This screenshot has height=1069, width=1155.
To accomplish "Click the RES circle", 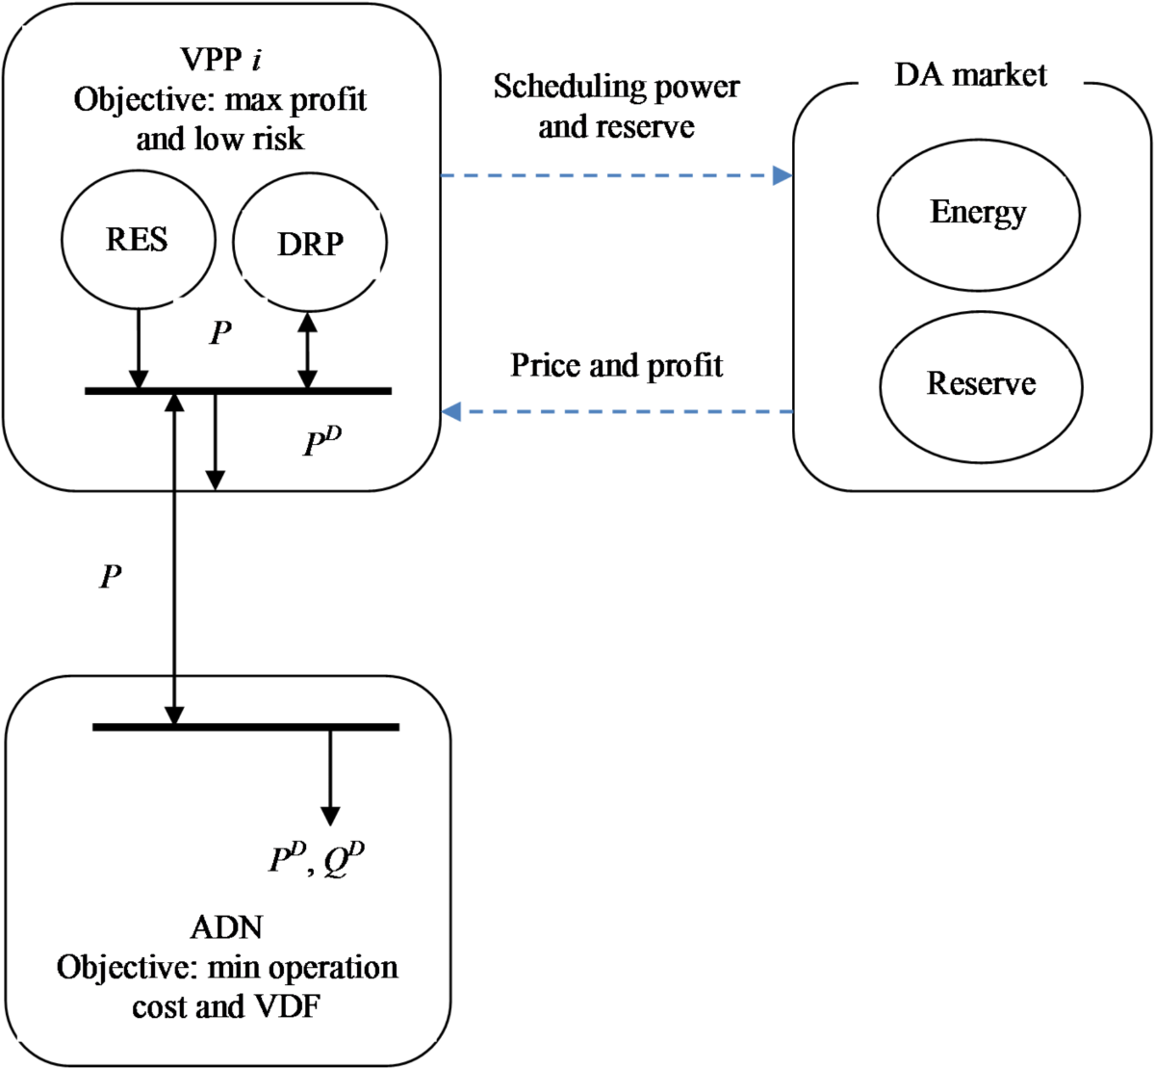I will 138,239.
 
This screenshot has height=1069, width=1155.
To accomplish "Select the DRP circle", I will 310,244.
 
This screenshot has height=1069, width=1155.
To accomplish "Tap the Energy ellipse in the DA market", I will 978,213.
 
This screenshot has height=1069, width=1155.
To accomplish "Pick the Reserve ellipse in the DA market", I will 981,383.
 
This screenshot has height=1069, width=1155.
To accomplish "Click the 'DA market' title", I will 970,76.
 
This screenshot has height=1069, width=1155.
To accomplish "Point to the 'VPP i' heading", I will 220,60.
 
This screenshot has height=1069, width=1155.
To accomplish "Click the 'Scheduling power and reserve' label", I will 616,106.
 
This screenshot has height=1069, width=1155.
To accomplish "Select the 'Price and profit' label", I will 616,366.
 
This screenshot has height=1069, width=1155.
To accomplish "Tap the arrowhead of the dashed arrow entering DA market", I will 783,176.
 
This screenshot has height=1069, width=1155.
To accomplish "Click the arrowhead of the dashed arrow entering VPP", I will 450,412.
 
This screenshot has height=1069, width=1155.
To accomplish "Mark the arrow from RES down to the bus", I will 139,347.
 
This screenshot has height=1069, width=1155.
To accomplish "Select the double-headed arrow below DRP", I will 307,351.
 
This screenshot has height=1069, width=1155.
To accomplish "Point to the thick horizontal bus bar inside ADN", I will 245,726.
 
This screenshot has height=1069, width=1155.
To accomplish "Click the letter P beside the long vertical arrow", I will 112,578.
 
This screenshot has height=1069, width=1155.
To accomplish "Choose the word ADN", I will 226,927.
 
